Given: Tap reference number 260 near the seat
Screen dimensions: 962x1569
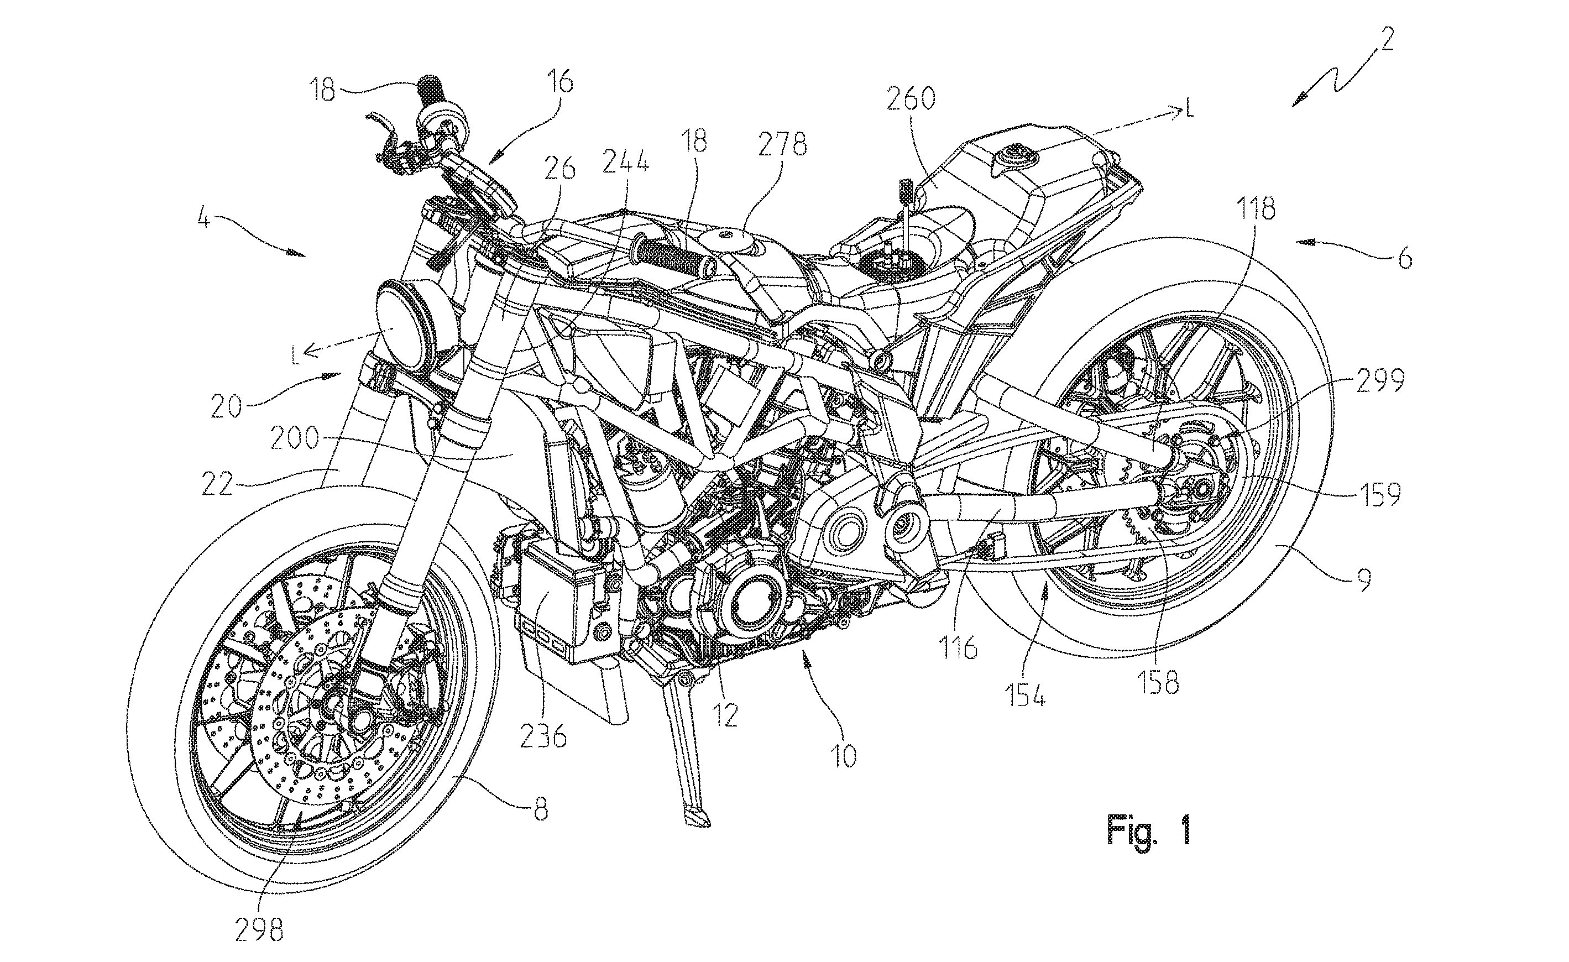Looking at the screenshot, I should pyautogui.click(x=911, y=101).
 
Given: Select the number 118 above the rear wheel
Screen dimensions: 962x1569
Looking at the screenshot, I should pyautogui.click(x=1256, y=210).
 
